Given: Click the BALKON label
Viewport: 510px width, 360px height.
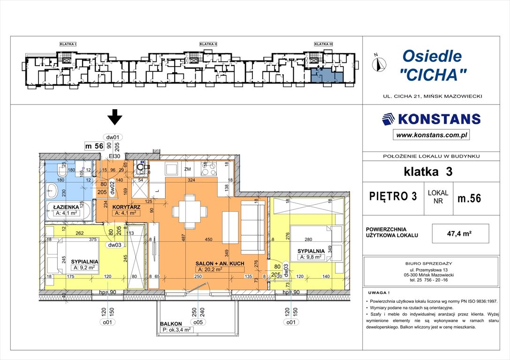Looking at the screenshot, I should pyautogui.click(x=171, y=323).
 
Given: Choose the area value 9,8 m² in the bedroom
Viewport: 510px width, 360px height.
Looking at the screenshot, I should pyautogui.click(x=310, y=257).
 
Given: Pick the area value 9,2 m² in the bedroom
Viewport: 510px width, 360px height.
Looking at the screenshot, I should pyautogui.click(x=84, y=268).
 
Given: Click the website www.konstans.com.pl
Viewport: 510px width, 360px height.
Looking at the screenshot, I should pyautogui.click(x=431, y=135).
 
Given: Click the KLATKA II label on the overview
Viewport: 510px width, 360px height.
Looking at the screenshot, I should pyautogui.click(x=208, y=44).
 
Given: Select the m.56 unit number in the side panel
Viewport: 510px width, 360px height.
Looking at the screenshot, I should pyautogui.click(x=469, y=198).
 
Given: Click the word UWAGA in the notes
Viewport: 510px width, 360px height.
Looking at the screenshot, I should pyautogui.click(x=378, y=291).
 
